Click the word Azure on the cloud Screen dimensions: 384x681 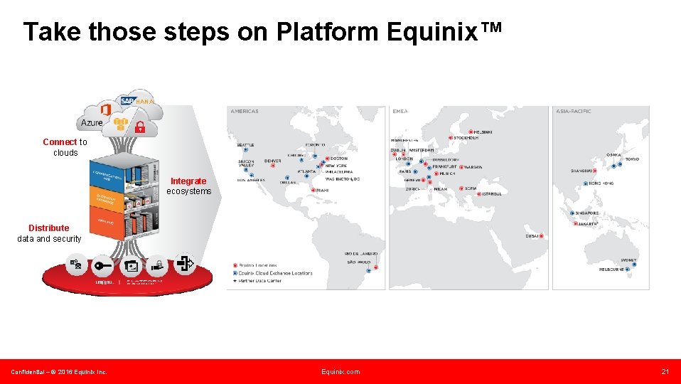tap(92, 123)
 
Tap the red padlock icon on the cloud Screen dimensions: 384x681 tap(140, 128)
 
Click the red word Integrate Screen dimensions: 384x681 tap(188, 181)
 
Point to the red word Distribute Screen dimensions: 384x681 tap(49, 228)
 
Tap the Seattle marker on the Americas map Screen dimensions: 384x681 tap(245, 151)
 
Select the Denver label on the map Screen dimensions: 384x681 tap(272, 161)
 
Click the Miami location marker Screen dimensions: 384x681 tap(314, 190)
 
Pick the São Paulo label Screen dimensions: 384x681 tap(359, 262)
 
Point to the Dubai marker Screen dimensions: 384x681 tap(541, 236)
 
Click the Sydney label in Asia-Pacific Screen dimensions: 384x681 tap(628, 260)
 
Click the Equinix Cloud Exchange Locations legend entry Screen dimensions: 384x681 tap(275, 273)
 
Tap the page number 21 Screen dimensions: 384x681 tap(665, 372)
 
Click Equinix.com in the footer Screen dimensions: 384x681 tap(340, 372)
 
